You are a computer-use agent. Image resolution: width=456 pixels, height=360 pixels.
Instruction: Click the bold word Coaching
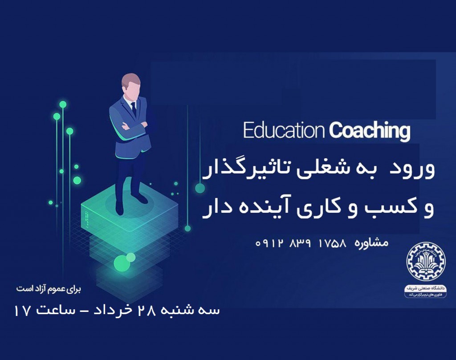coord(370,131)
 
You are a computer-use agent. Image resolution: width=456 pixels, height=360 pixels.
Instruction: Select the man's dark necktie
coord(133,109)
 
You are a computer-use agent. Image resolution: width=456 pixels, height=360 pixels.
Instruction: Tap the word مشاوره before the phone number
coord(370,243)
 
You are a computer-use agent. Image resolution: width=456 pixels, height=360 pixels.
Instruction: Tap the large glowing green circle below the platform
coord(121,263)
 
